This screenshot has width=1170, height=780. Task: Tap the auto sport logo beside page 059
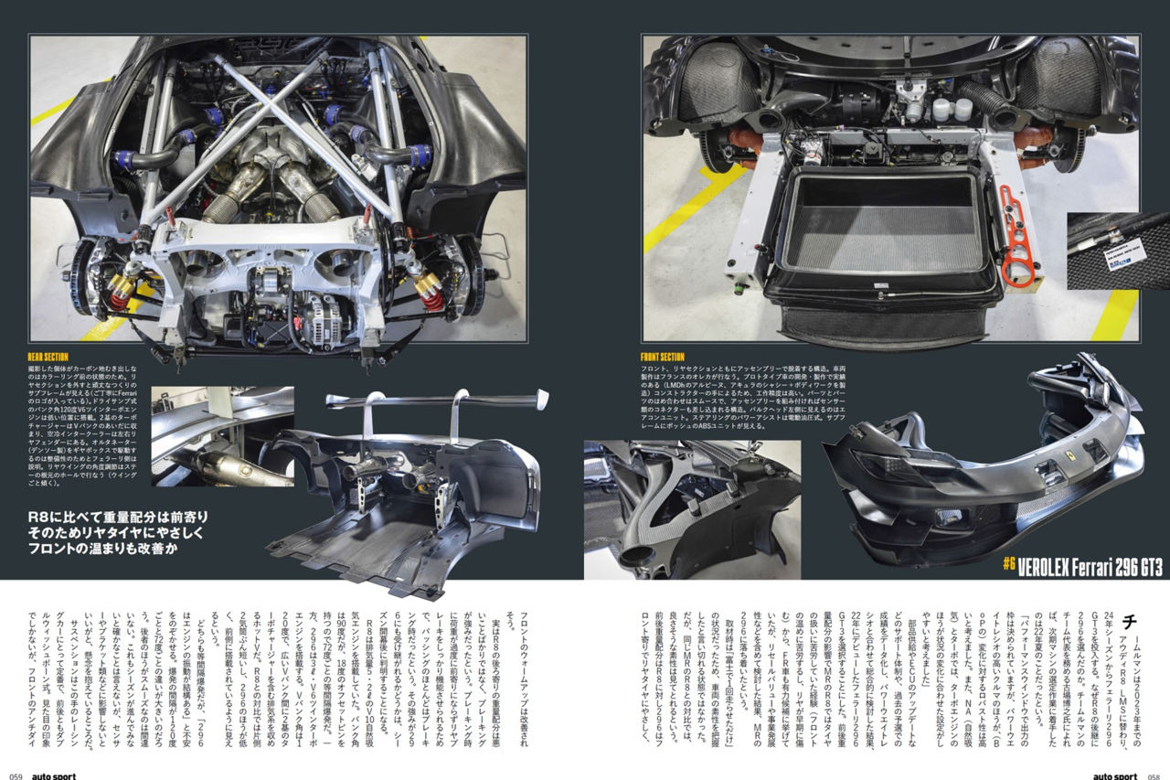[x=54, y=775]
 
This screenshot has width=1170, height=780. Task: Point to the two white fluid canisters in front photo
[x=951, y=110]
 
